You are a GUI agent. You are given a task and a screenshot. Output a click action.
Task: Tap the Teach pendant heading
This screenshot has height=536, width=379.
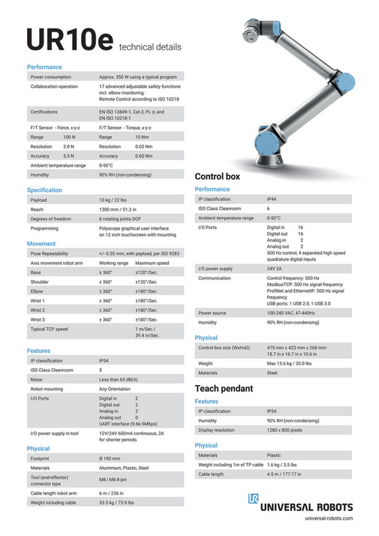(224, 388)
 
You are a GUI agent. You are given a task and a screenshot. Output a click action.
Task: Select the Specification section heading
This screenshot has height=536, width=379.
(44, 190)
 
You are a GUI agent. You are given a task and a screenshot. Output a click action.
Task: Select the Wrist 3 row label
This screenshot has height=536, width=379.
(38, 319)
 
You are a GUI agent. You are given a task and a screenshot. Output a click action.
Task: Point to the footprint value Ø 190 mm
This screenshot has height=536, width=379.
(112, 457)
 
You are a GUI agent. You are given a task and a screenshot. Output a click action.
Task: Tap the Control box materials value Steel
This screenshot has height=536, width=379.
(272, 372)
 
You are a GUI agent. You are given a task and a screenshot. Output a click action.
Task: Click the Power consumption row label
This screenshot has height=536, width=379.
(52, 77)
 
